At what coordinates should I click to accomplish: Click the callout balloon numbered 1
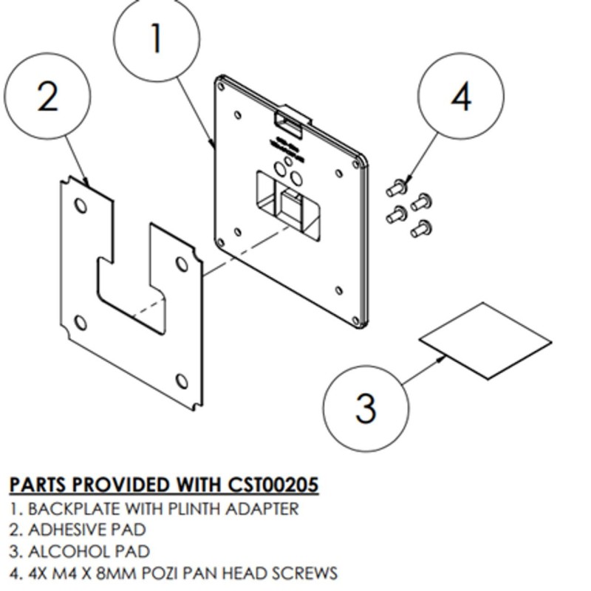(157, 38)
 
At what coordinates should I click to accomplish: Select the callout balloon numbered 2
(47, 96)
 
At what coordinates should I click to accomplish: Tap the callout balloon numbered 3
(366, 407)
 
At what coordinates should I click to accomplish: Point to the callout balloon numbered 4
(461, 96)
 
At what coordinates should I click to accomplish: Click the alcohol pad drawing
(485, 341)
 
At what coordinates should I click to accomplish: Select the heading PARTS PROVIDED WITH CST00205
(164, 485)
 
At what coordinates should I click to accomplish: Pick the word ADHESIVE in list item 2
(61, 530)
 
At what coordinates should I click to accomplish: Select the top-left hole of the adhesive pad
(81, 205)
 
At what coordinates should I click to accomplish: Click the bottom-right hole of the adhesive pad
(182, 381)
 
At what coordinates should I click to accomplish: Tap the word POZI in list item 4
(188, 573)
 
